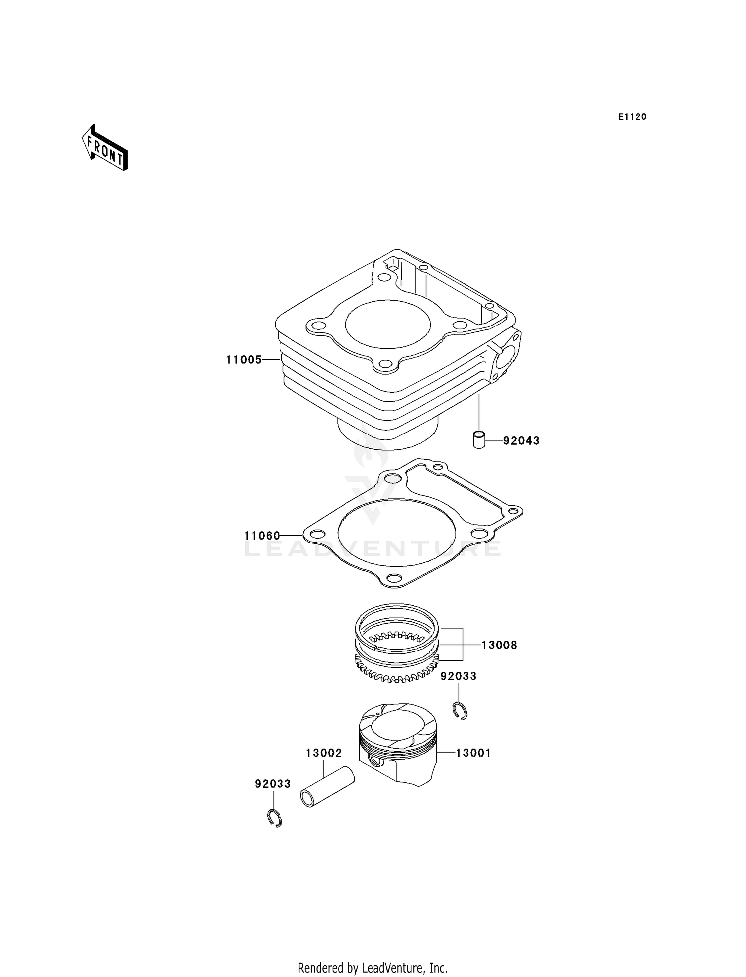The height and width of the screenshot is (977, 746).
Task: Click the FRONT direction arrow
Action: click(105, 149)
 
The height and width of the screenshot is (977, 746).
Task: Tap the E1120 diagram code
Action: click(632, 117)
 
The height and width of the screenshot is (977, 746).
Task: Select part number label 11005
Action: click(244, 359)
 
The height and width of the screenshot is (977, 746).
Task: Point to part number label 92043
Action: click(521, 440)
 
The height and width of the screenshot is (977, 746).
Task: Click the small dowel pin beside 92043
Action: click(478, 439)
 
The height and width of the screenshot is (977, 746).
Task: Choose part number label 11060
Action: click(262, 536)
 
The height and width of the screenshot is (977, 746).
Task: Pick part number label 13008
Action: click(499, 645)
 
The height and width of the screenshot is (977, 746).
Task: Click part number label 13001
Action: click(473, 753)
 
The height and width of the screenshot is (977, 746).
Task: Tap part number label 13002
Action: click(324, 753)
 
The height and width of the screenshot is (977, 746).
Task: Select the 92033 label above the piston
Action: click(459, 676)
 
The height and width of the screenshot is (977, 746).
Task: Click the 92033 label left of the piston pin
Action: click(273, 784)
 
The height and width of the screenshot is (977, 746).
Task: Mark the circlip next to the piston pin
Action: click(274, 818)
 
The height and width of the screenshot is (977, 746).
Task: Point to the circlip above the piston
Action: click(461, 710)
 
